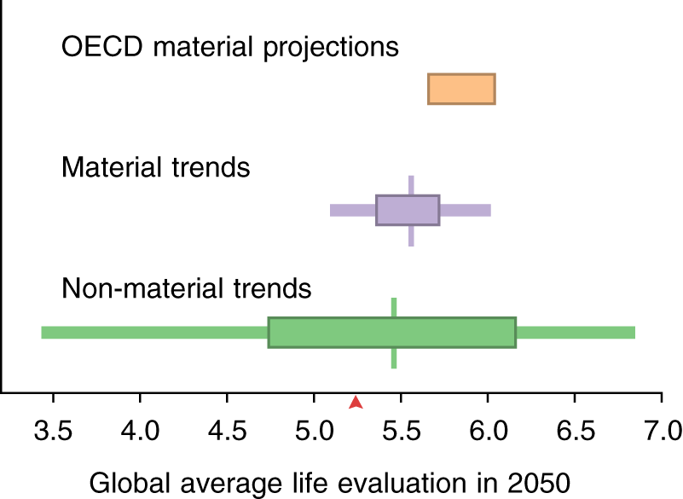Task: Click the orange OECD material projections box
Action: pyautogui.click(x=461, y=89)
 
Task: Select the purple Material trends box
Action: pyautogui.click(x=408, y=210)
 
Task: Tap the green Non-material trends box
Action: pyautogui.click(x=391, y=332)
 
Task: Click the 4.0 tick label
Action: pyautogui.click(x=140, y=426)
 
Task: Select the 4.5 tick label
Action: pyautogui.click(x=227, y=426)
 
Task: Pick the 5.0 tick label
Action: pyautogui.click(x=314, y=426)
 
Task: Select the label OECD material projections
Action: pyautogui.click(x=230, y=46)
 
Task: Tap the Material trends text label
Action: pyautogui.click(x=156, y=167)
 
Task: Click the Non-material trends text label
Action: pyautogui.click(x=187, y=288)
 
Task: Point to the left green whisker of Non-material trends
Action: pyautogui.click(x=154, y=332)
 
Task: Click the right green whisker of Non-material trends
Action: pyautogui.click(x=576, y=332)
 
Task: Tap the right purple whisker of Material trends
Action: pyautogui.click(x=465, y=210)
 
